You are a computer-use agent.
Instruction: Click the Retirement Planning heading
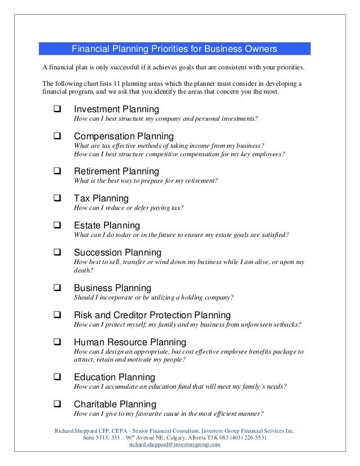tap(116, 171)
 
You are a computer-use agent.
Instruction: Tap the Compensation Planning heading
tap(124, 136)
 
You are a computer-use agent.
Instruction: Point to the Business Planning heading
tap(112, 287)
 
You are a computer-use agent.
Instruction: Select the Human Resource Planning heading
tap(130, 342)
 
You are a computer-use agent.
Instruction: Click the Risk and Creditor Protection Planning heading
tap(152, 314)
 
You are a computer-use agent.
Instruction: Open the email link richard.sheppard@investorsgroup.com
tap(174, 444)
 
